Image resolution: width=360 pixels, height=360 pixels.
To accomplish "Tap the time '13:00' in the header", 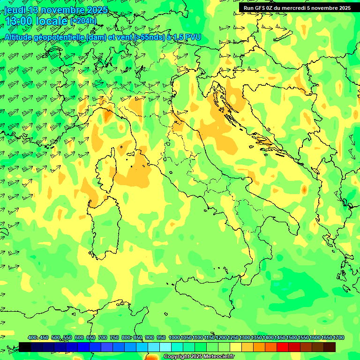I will coord(19,21).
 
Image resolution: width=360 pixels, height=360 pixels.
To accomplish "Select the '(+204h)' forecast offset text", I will coord(83,21).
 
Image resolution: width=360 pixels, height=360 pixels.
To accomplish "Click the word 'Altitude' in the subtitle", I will coord(22,37).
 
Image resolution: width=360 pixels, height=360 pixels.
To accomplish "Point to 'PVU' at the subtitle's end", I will coord(191,37).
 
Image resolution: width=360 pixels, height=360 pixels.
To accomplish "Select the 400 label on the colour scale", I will coord(32,338).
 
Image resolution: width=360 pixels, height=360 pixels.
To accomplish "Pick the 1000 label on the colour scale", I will coord(174,338).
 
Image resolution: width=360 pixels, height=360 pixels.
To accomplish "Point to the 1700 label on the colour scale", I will coord(339,338).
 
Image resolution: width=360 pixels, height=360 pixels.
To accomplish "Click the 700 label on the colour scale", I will coord(103,338).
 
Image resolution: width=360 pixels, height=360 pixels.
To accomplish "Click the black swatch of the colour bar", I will coord(25,347).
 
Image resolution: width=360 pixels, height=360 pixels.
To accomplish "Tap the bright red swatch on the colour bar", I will coord(283,347).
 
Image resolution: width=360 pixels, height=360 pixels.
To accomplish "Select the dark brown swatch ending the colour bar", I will coord(330,347).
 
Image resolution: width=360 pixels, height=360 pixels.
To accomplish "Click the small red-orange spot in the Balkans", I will coord(304,190).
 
